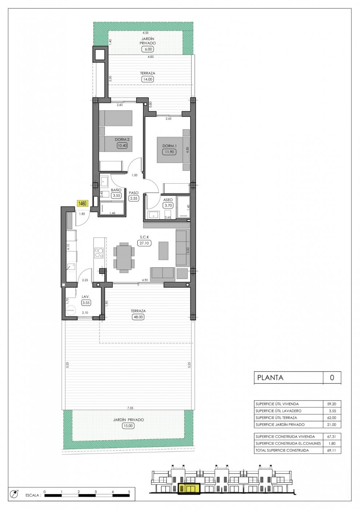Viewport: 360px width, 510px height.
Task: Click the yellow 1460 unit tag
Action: (x=82, y=204)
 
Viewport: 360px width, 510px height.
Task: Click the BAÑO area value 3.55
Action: (x=116, y=196)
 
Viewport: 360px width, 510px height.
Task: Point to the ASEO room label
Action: (x=168, y=200)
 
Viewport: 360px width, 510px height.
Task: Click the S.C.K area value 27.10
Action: (x=144, y=243)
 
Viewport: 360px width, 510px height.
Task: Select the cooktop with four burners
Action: (x=99, y=253)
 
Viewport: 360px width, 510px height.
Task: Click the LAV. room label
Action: (x=86, y=297)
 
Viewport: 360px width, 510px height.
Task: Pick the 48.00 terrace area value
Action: (x=138, y=317)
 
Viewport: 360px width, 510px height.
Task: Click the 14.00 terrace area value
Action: (x=147, y=79)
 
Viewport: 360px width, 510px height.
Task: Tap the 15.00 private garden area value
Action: (x=128, y=425)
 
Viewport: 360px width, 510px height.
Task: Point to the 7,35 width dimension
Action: (x=130, y=408)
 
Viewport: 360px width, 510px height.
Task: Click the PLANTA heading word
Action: (x=270, y=377)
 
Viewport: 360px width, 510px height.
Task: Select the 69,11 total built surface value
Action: (x=332, y=450)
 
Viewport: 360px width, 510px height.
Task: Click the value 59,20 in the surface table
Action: (x=332, y=404)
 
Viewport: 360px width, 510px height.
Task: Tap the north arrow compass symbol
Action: (x=14, y=494)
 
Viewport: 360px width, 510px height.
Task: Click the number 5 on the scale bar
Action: (x=129, y=492)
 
